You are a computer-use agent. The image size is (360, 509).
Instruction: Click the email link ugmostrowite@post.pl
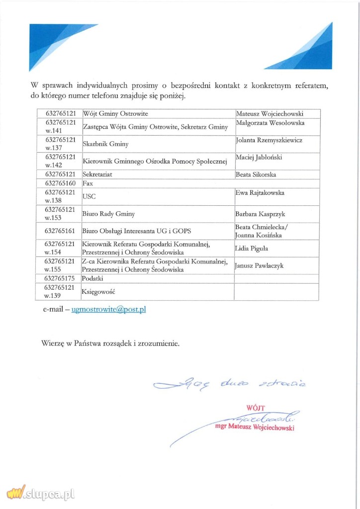108,309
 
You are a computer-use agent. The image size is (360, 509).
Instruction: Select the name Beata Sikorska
256,174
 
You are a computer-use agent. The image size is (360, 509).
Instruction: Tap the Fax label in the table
88,183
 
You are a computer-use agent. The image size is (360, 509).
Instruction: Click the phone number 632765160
60,183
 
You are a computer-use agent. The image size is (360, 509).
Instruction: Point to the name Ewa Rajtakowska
260,193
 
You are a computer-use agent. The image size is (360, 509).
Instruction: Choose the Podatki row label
92,278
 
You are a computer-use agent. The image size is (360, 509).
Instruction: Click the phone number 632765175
60,278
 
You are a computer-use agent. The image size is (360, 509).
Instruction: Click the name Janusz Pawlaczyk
259,265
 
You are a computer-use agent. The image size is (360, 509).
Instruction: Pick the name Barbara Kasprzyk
260,214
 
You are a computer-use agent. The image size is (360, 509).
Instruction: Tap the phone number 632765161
60,231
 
